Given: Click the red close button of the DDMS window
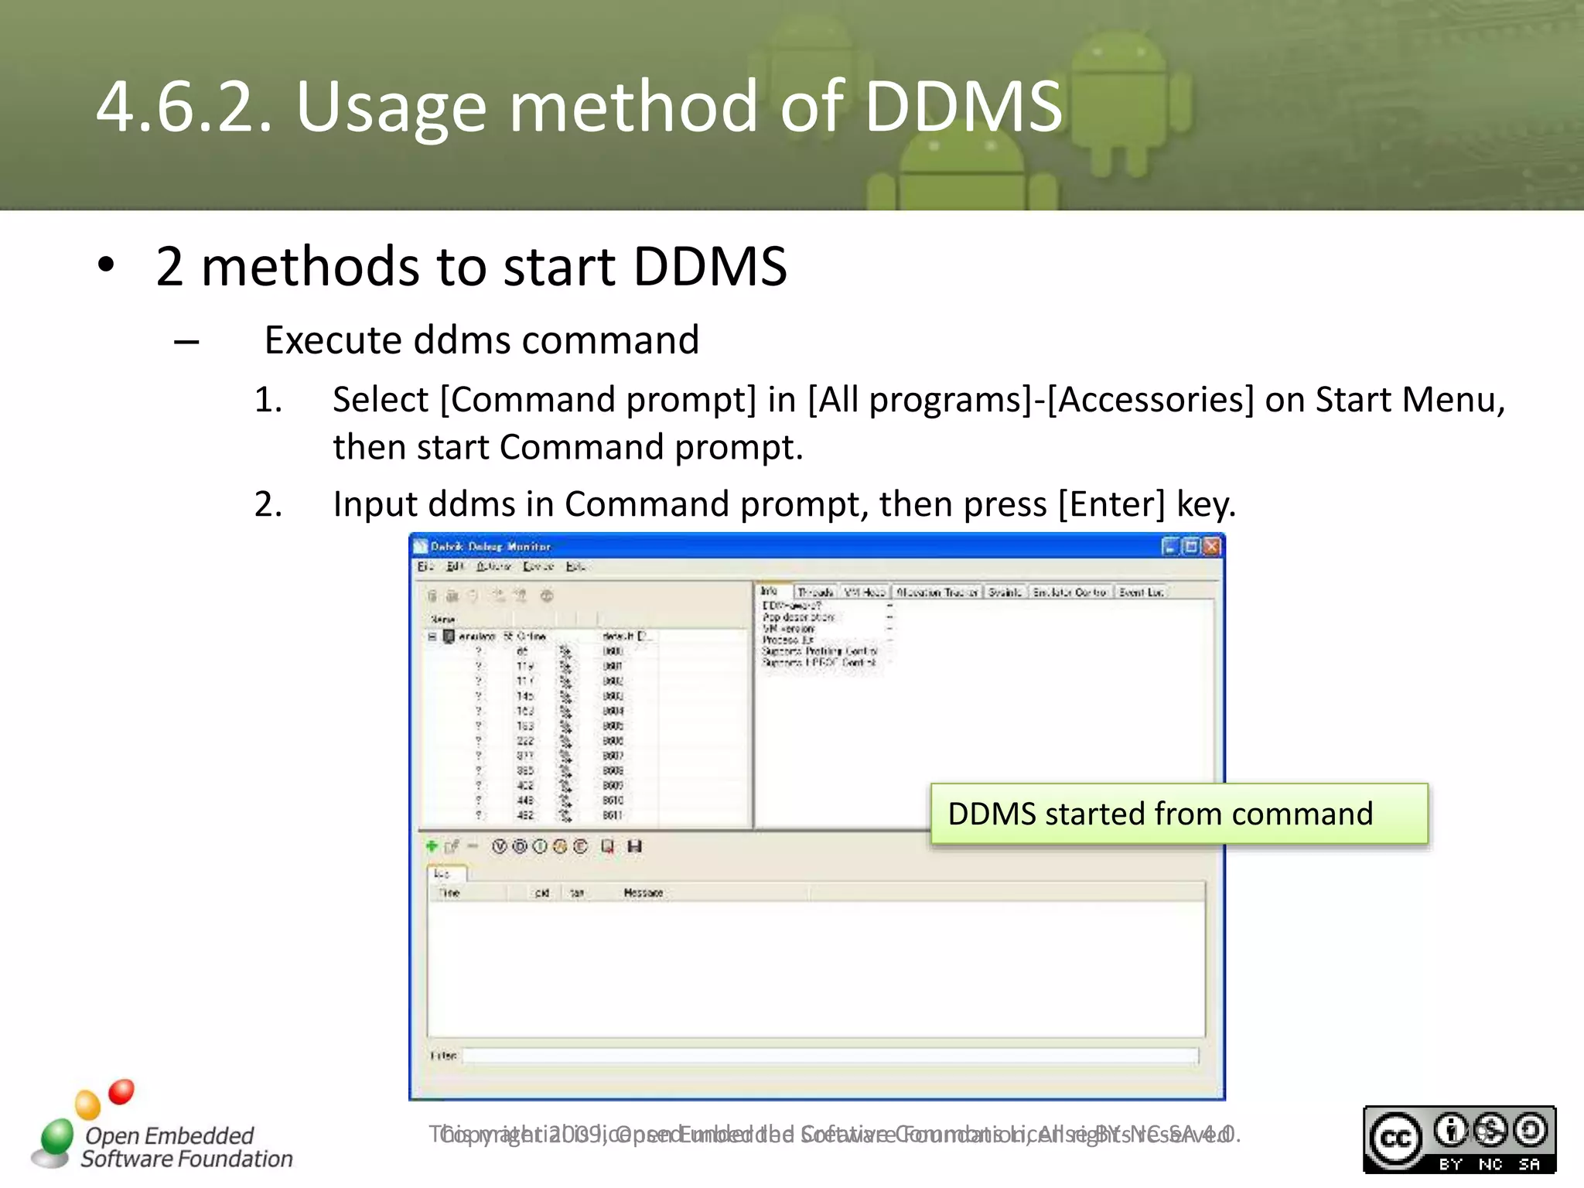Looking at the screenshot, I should [1211, 547].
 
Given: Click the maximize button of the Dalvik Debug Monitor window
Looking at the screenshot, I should [1191, 547].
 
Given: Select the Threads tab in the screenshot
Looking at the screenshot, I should [815, 592].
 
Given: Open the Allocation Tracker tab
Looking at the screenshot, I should [937, 592].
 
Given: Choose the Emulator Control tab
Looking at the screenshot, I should [1070, 592].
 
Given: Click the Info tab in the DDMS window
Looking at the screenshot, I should [770, 591].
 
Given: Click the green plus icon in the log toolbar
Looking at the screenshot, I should [432, 846].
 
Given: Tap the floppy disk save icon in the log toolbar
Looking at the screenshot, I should [635, 846].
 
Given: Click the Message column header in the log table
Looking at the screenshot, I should [643, 893].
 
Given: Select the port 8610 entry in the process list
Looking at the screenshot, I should [613, 801].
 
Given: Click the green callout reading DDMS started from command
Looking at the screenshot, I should [1179, 814].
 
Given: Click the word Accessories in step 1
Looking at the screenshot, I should [1150, 400].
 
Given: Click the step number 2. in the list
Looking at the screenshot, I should [268, 504].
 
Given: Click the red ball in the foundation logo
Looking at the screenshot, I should [121, 1091].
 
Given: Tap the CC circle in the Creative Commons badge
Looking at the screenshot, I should [1395, 1138].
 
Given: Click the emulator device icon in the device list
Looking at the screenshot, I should [449, 636].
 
